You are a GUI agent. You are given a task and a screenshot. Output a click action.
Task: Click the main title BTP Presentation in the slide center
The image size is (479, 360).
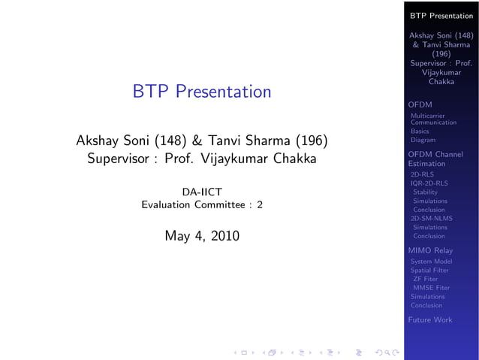(x=201, y=92)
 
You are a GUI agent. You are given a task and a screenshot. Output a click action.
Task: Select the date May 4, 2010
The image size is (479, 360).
(x=201, y=236)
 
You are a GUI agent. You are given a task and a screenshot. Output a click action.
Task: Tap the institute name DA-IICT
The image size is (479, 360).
(x=201, y=192)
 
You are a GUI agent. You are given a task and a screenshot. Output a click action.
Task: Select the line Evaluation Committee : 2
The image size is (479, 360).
(x=201, y=205)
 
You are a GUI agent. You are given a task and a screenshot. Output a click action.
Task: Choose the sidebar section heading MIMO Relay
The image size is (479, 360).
(x=429, y=250)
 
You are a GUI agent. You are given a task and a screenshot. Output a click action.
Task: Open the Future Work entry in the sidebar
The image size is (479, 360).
(x=429, y=319)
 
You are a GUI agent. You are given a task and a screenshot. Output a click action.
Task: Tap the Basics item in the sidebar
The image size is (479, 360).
(x=420, y=131)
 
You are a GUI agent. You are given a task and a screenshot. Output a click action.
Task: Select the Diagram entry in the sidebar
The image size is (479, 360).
(x=423, y=140)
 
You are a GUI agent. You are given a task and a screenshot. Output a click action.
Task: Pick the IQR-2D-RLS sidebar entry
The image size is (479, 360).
(x=429, y=183)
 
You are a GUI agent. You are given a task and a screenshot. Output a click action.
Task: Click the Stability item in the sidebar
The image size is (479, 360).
(x=425, y=192)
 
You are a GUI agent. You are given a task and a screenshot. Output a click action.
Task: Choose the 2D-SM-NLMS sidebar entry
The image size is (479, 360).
(x=431, y=218)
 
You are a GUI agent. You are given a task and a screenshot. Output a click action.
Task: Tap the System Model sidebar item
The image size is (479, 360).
(x=431, y=262)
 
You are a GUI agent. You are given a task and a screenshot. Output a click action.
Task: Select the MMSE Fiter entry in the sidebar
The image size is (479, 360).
(x=431, y=287)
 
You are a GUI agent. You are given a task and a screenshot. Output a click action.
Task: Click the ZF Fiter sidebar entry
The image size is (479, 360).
(x=425, y=279)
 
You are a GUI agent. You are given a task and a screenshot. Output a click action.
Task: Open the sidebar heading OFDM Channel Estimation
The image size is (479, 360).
(x=435, y=159)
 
